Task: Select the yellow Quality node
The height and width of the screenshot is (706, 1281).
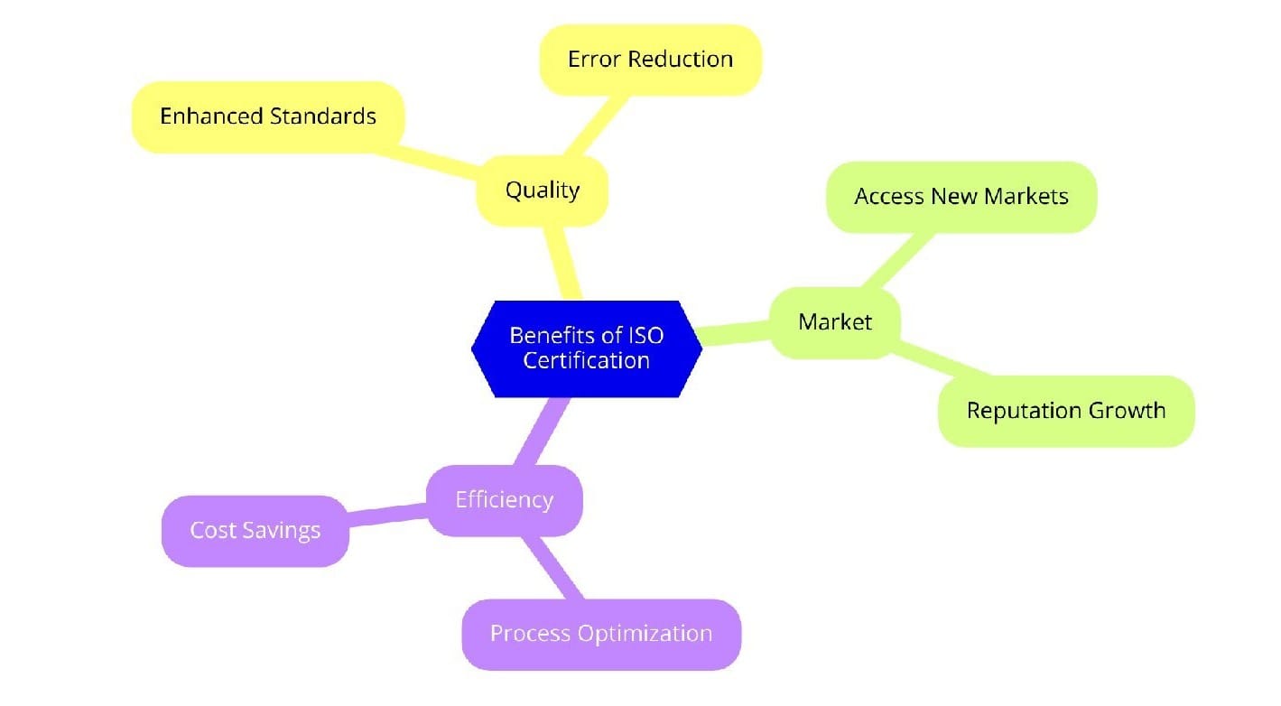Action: tap(542, 190)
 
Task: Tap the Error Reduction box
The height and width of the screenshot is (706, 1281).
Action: tap(650, 60)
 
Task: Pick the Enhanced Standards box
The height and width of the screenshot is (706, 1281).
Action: tap(267, 116)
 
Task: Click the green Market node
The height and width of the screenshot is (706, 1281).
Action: tap(835, 322)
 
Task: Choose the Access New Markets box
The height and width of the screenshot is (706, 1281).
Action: tap(961, 197)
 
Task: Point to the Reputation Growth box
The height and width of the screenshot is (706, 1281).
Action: tap(1065, 411)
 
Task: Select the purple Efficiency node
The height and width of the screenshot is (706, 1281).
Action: tap(504, 500)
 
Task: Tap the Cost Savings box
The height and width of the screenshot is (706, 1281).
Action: tap(255, 530)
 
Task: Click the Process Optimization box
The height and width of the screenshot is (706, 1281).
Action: tap(600, 634)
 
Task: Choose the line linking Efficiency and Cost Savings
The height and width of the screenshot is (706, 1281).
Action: tap(386, 516)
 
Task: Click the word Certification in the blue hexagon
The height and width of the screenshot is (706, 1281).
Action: tap(587, 359)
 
